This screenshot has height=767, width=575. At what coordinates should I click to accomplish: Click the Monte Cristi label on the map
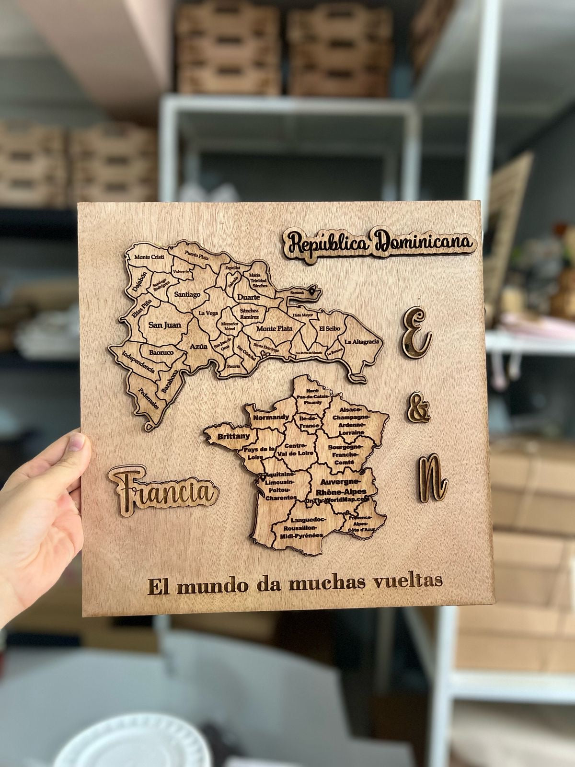(149, 257)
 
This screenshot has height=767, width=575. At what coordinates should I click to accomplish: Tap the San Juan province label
(165, 325)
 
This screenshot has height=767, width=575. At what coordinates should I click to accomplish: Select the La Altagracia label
(362, 342)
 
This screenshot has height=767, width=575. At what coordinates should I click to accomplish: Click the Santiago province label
(187, 294)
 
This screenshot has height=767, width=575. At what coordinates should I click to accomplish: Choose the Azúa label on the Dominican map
(199, 346)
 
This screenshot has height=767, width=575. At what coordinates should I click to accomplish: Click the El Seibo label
(330, 329)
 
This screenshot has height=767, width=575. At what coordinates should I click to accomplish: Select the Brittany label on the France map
(233, 436)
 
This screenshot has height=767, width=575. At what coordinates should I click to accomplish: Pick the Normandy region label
(271, 417)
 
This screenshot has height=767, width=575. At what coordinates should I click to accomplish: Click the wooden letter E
(415, 332)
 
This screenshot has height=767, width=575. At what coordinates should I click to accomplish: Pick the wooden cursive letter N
(431, 477)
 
